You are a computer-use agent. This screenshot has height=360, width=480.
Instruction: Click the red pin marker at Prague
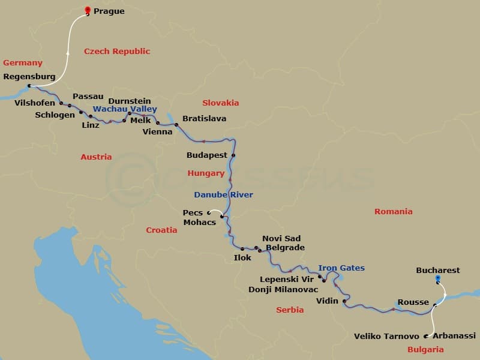(88, 10)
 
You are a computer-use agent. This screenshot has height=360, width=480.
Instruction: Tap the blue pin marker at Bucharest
(437, 278)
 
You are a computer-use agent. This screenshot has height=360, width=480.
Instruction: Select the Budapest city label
(207, 155)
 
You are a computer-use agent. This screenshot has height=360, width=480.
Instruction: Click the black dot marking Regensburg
(29, 86)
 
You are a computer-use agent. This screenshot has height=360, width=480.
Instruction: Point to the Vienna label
(157, 132)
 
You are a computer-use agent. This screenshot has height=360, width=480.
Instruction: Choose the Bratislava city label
(204, 119)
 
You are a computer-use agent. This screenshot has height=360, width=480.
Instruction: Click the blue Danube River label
(223, 195)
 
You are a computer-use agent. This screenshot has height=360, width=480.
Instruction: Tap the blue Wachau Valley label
(125, 109)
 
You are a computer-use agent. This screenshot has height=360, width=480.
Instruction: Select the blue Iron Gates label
(341, 268)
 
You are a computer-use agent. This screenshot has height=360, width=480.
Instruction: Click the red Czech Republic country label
(117, 52)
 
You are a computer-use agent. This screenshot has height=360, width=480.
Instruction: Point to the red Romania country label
(394, 212)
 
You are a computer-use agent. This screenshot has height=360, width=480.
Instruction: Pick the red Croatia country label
(162, 230)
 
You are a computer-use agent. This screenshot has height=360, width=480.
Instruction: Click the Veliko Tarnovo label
(386, 337)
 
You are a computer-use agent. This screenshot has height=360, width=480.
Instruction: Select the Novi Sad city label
(281, 239)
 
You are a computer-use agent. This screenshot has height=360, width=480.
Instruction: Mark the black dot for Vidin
(344, 301)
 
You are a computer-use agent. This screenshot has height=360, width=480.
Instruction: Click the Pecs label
(193, 212)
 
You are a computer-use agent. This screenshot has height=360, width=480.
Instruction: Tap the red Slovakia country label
(221, 103)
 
